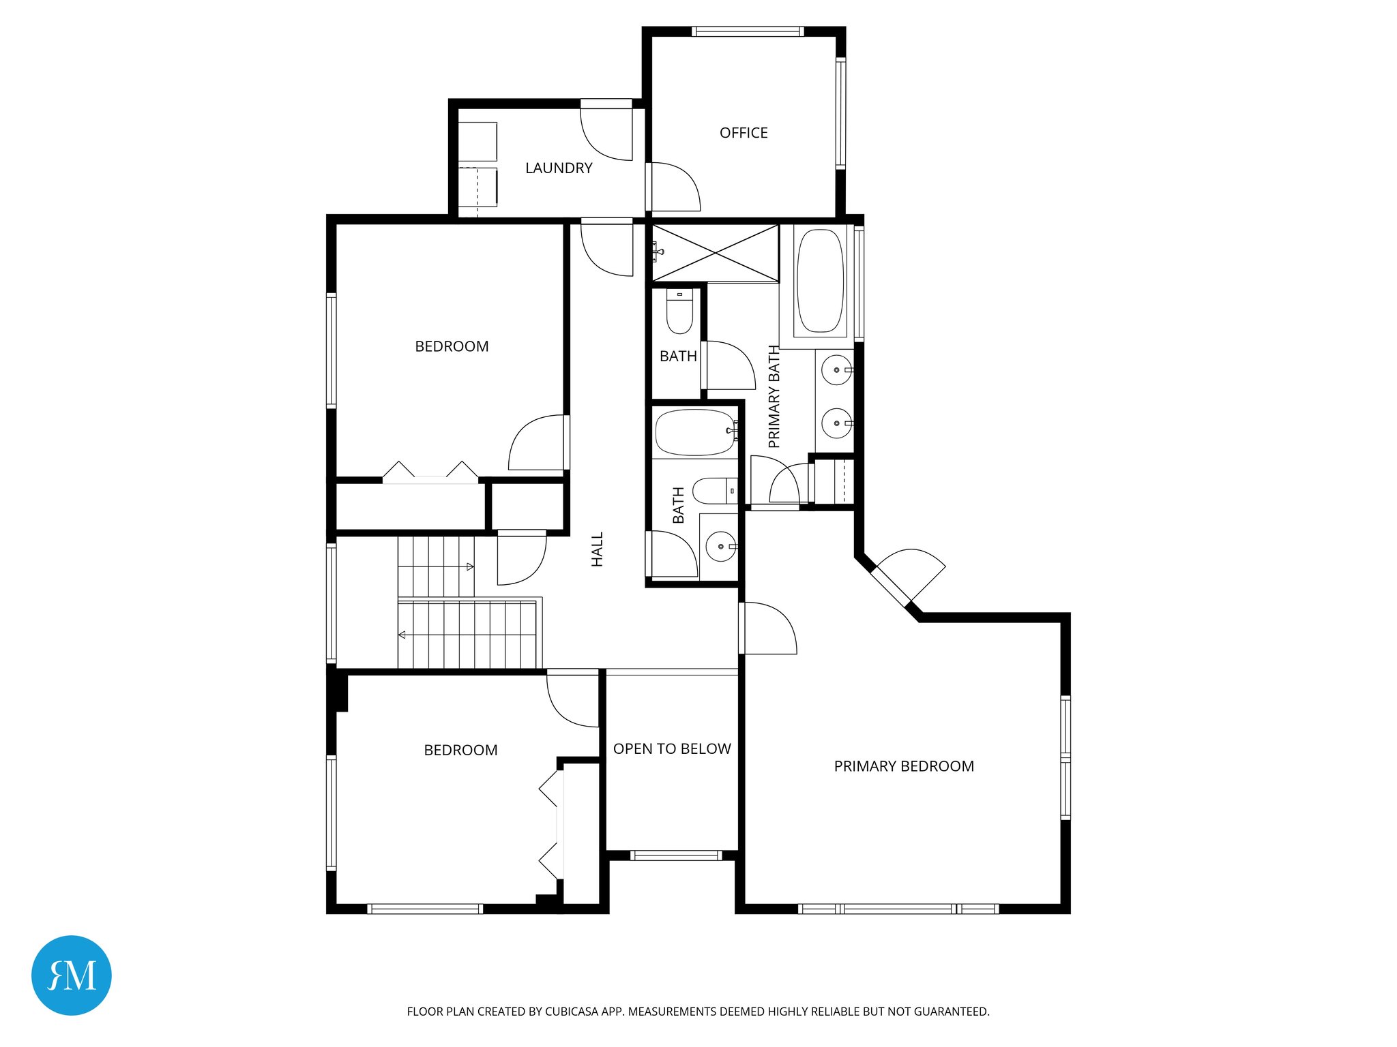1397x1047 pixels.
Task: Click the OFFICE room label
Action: [744, 133]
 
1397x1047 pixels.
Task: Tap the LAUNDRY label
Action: [559, 168]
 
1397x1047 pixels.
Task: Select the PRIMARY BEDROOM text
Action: [904, 766]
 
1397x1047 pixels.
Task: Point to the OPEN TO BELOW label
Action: [672, 749]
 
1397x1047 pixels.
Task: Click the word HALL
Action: [598, 549]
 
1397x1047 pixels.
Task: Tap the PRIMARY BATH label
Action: [774, 396]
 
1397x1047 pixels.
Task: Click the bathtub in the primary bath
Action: [821, 281]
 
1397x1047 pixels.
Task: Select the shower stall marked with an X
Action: [716, 253]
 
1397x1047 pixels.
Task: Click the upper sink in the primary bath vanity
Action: [837, 370]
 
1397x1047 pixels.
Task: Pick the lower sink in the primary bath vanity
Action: [837, 423]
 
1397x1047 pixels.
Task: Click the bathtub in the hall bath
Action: [695, 432]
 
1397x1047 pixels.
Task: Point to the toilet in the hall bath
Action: [714, 490]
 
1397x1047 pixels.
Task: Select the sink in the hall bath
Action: [720, 546]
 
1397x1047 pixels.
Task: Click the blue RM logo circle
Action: [72, 975]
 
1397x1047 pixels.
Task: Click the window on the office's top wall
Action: [748, 31]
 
